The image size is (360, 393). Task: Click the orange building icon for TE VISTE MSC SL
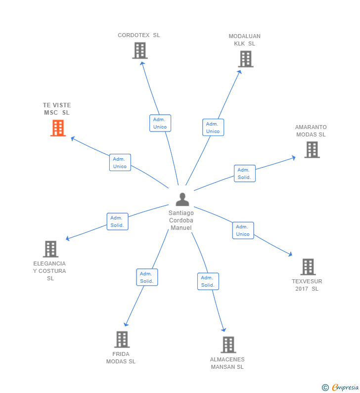pyautogui.click(x=58, y=128)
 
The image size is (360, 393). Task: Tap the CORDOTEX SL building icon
pyautogui.click(x=140, y=50)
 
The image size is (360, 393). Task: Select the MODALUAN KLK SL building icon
pyautogui.click(x=245, y=59)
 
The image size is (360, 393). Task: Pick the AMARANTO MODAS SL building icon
pyautogui.click(x=312, y=149)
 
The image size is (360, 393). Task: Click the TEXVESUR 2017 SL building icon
pyautogui.click(x=308, y=267)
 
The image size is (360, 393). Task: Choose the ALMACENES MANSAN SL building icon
pyautogui.click(x=228, y=345)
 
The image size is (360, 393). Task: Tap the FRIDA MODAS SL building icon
pyautogui.click(x=122, y=339)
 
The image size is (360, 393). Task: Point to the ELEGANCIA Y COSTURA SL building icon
pyautogui.click(x=50, y=249)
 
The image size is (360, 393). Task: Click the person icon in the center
pyautogui.click(x=182, y=200)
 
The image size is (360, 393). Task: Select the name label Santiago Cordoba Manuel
pyautogui.click(x=181, y=220)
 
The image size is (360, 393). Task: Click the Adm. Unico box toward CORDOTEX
pyautogui.click(x=160, y=123)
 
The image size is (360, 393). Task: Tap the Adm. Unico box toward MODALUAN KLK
pyautogui.click(x=213, y=127)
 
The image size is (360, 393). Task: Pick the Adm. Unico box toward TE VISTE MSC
pyautogui.click(x=120, y=163)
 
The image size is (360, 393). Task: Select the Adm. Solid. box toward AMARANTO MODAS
pyautogui.click(x=244, y=174)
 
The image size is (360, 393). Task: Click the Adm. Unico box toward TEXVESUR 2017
pyautogui.click(x=243, y=230)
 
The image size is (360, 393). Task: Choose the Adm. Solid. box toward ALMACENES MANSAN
pyautogui.click(x=208, y=281)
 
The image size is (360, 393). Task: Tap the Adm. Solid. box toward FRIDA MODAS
pyautogui.click(x=147, y=277)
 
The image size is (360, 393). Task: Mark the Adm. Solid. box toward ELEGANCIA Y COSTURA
pyautogui.click(x=117, y=221)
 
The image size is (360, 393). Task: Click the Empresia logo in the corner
pyautogui.click(x=341, y=387)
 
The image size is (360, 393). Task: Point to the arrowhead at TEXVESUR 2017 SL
pyautogui.click(x=290, y=255)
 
